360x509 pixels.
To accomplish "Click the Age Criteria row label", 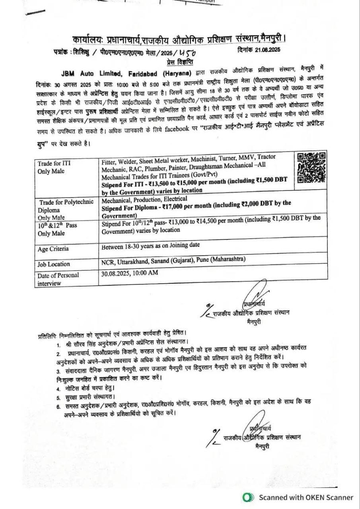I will point(53,249).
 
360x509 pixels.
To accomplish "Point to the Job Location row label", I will point(54,264).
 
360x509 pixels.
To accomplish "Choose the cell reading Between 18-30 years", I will point(150,245).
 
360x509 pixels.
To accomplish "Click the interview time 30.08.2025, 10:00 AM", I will point(130,273).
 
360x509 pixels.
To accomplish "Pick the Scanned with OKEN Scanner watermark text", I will point(306,497).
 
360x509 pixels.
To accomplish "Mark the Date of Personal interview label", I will point(58,279).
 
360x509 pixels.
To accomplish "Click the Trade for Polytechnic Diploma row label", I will point(62,206).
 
